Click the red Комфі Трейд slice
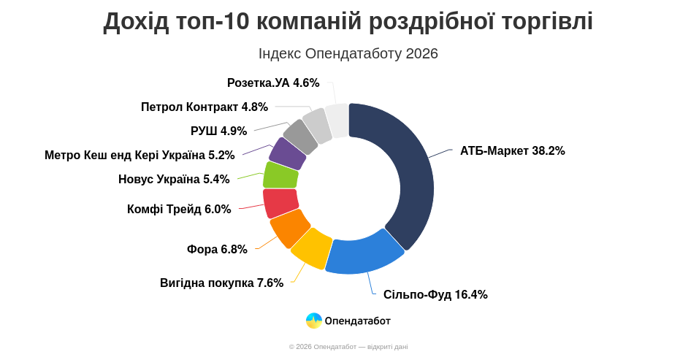click(x=280, y=203)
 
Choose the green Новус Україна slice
click(x=280, y=176)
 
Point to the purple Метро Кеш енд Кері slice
click(x=287, y=153)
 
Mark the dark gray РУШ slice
click(x=301, y=137)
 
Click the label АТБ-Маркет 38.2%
click(x=512, y=151)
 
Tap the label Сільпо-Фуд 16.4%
click(x=435, y=295)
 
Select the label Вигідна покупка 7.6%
click(x=221, y=283)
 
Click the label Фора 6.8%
click(x=217, y=250)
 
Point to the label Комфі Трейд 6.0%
click(x=179, y=210)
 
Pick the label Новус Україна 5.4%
click(x=174, y=180)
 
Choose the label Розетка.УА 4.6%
click(x=273, y=83)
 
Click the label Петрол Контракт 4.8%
click(x=205, y=107)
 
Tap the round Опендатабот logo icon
click(x=314, y=321)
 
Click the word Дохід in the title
click(x=137, y=21)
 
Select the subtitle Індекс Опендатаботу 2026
click(x=348, y=53)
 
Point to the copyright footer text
click(x=348, y=347)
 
